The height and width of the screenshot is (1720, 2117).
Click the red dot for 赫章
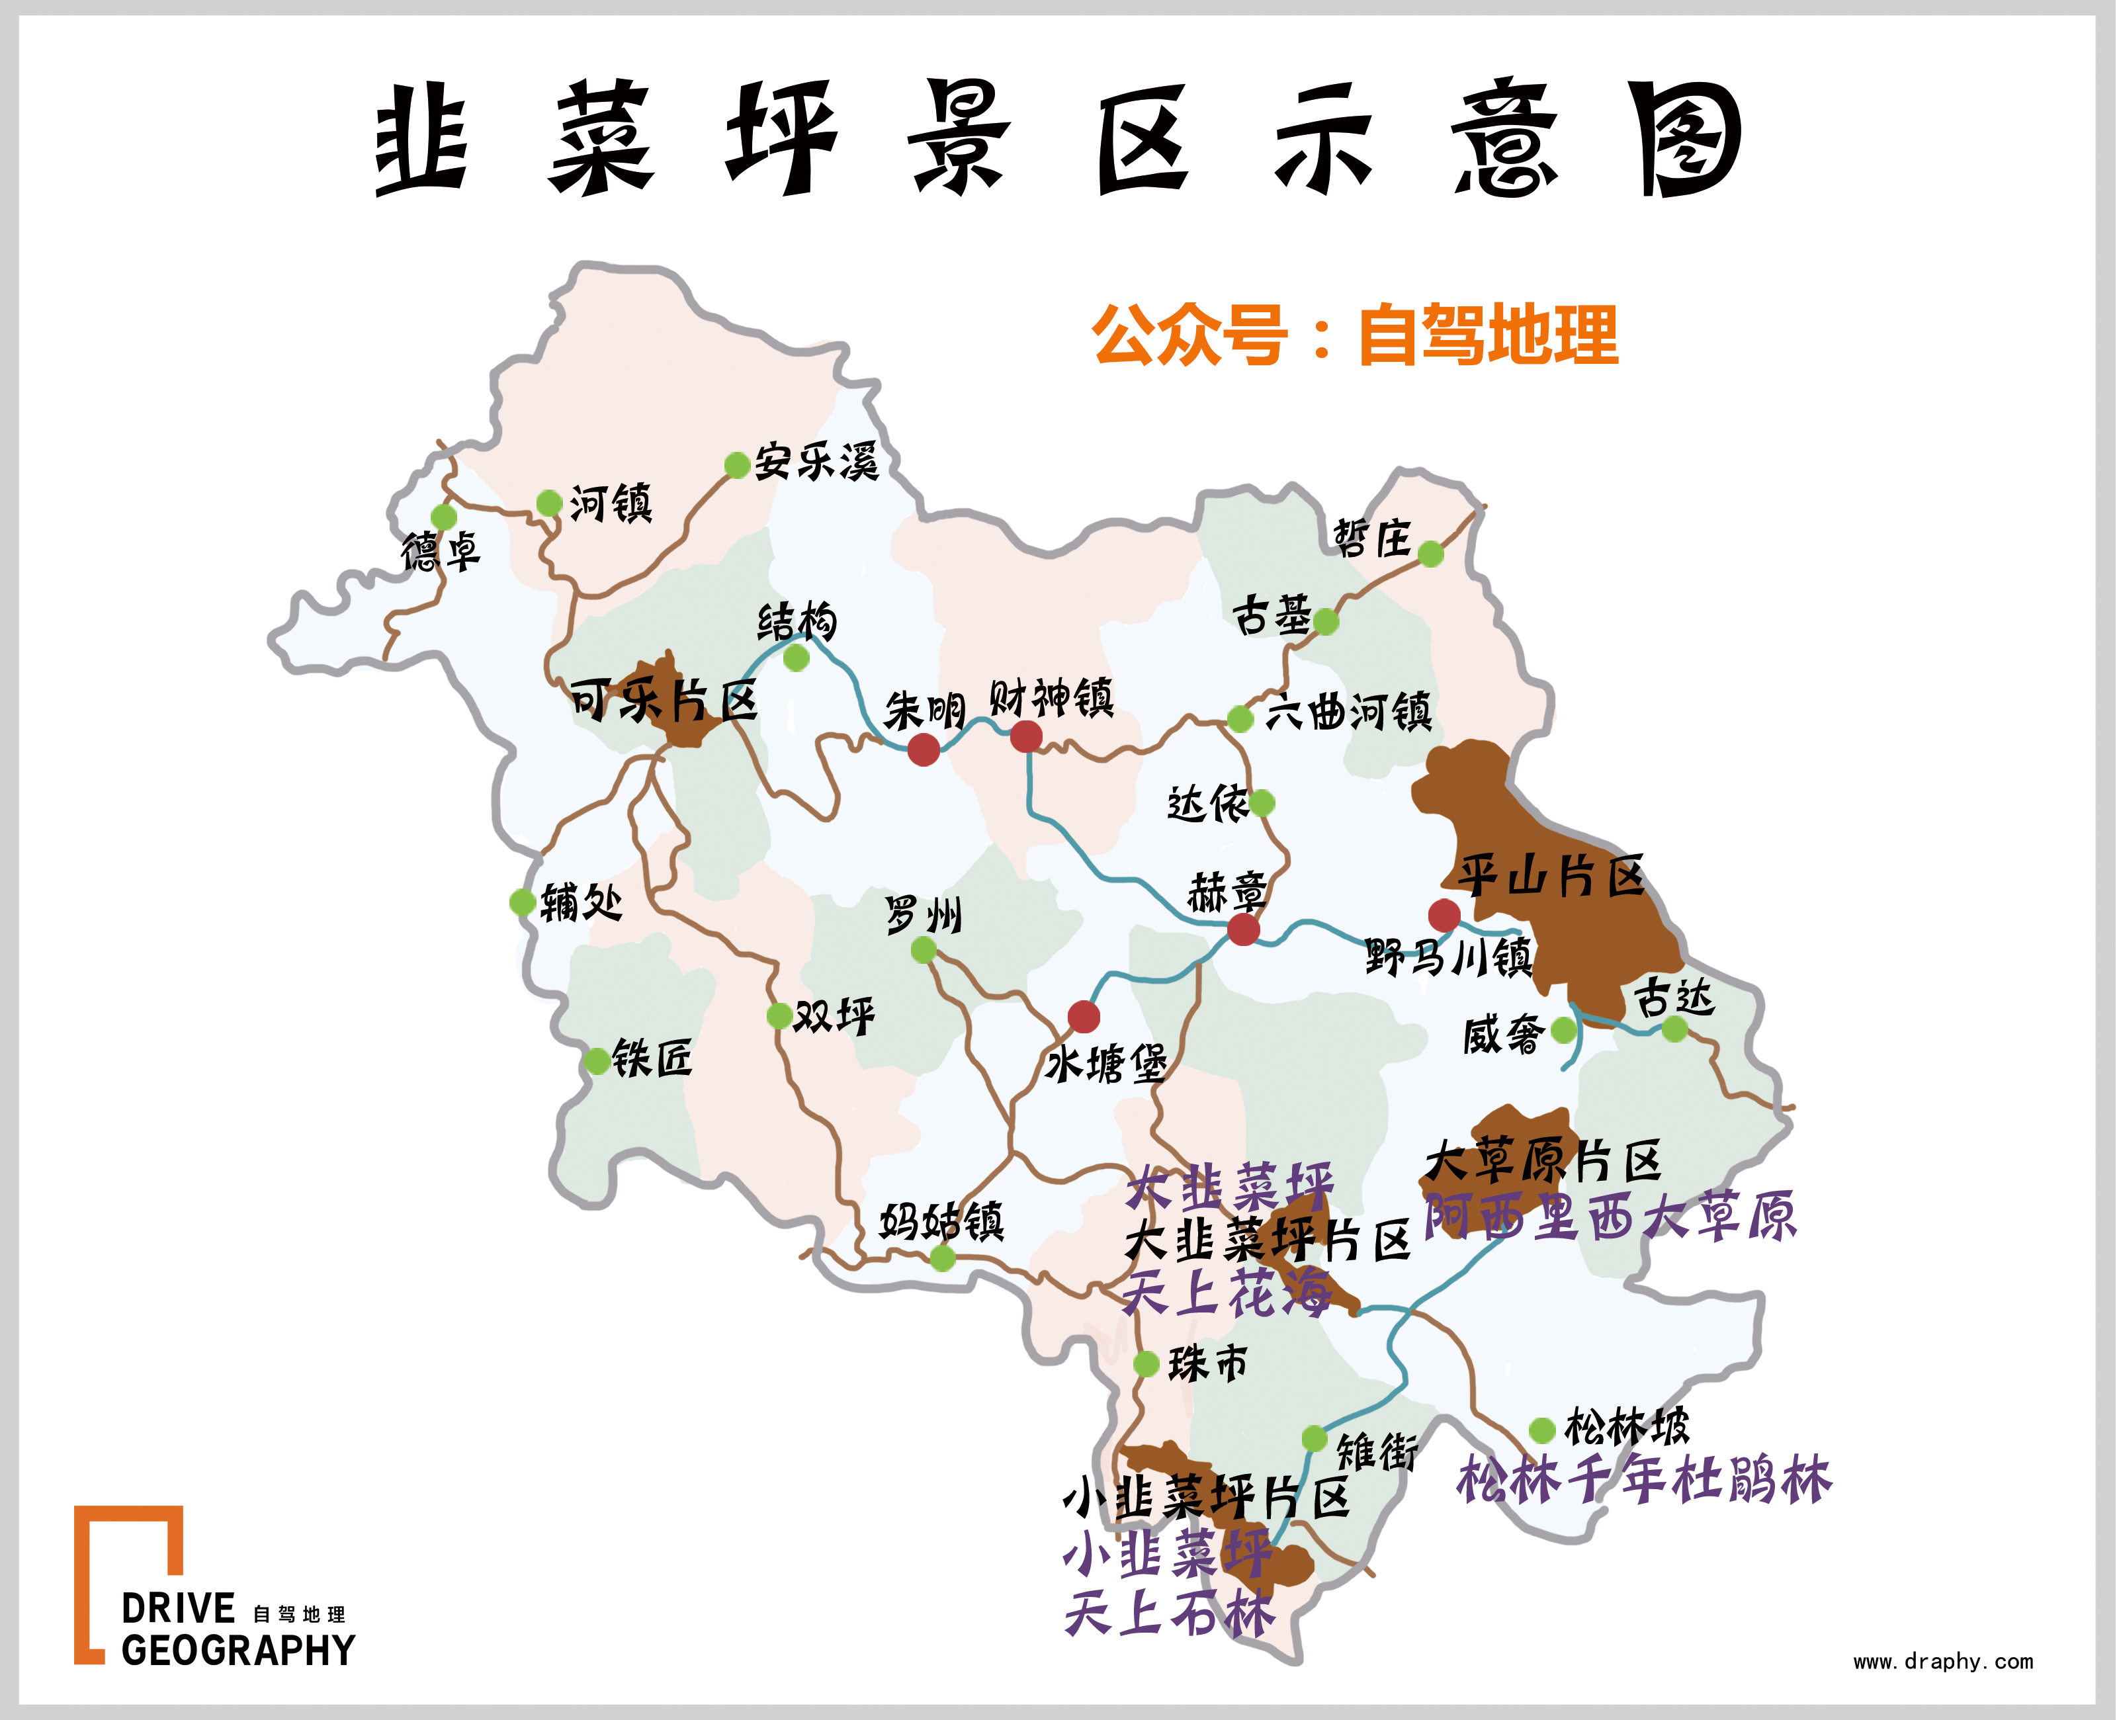pos(1243,929)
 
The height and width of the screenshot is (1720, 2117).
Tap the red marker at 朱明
pos(924,750)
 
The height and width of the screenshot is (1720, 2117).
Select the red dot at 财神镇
pos(1025,736)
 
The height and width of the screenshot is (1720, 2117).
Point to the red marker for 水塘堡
pos(1084,1017)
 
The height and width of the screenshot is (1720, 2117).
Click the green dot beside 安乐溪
pos(737,464)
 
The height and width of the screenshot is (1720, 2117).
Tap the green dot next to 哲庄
pos(1430,554)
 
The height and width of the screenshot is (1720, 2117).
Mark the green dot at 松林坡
pos(1541,1430)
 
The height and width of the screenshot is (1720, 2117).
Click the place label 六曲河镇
pos(1349,711)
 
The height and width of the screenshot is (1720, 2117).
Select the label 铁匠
pos(652,1058)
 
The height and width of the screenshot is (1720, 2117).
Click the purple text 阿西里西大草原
pos(1610,1217)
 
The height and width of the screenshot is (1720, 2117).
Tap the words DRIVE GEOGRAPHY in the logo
pos(237,1629)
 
